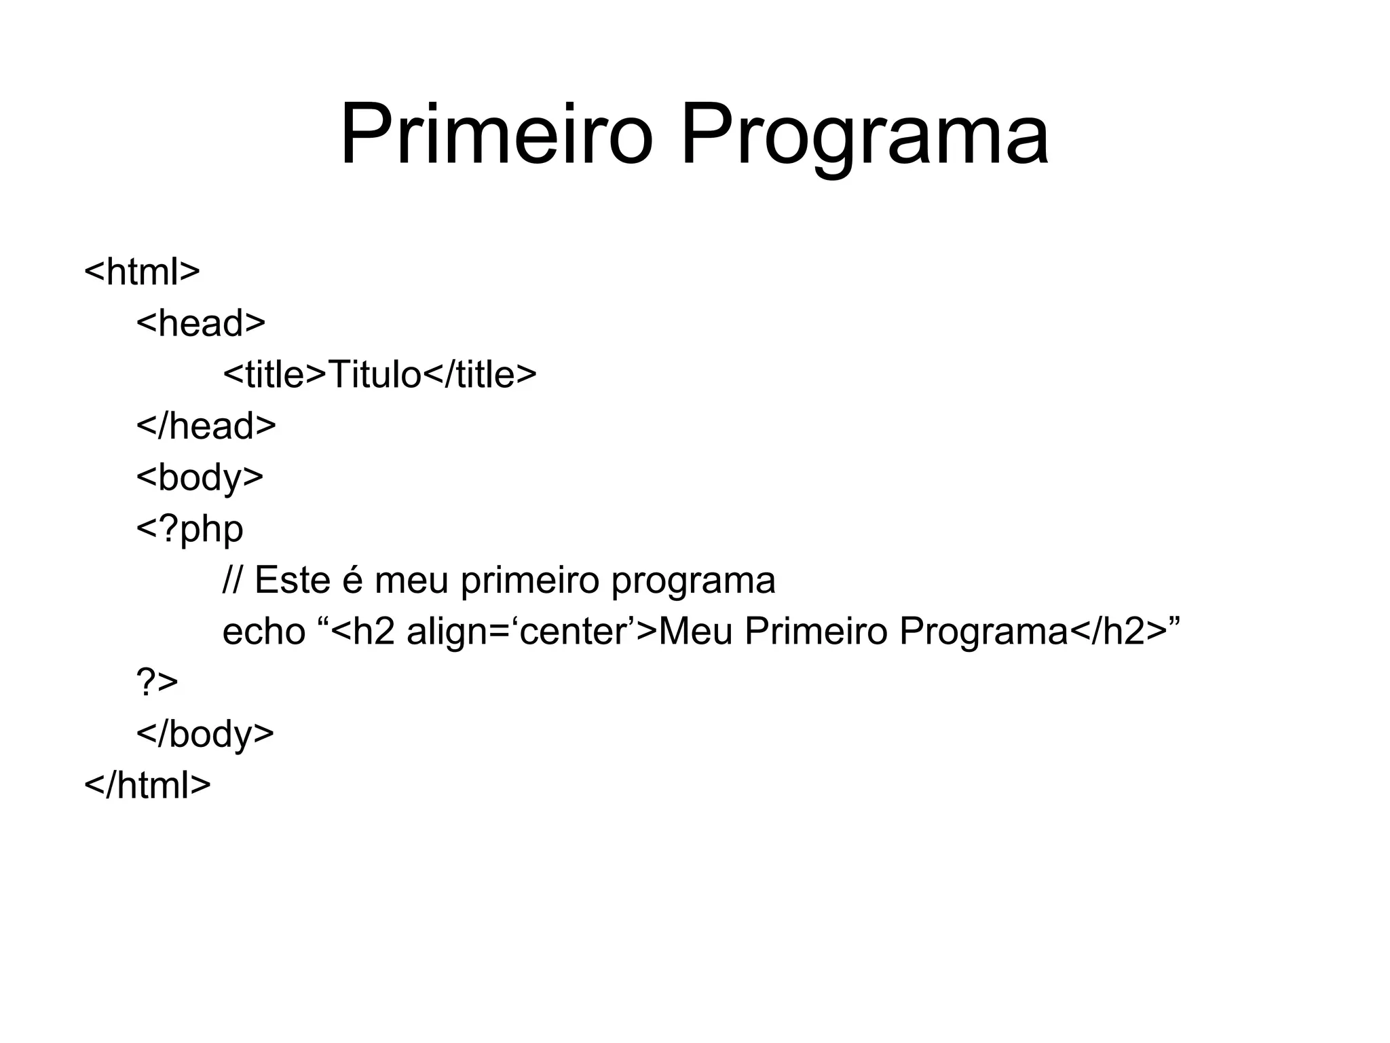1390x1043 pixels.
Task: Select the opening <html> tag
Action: (142, 272)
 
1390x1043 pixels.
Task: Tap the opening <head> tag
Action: (201, 323)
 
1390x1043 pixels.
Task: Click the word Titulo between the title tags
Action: (375, 375)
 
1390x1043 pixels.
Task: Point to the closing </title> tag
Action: (480, 375)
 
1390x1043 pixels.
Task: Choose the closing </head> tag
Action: (206, 426)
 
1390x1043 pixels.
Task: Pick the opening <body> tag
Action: (200, 477)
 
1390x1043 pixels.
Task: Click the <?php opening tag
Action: (189, 530)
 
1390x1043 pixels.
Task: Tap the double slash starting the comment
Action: (232, 581)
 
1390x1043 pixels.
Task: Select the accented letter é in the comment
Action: (353, 581)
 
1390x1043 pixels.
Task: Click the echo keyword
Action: (264, 632)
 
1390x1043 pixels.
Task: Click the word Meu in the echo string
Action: (696, 632)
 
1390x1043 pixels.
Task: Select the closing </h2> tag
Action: (1119, 632)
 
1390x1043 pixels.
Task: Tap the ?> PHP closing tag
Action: (157, 682)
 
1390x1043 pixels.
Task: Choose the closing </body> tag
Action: (205, 734)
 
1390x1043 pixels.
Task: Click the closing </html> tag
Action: (147, 786)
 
